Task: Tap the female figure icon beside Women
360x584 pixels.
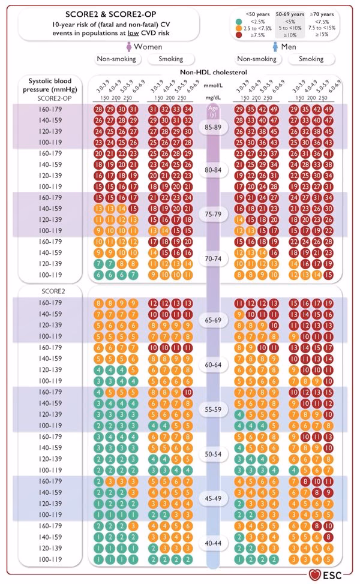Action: (128, 46)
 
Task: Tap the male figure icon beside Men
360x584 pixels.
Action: (276, 46)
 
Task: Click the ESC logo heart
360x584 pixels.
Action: (315, 574)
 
